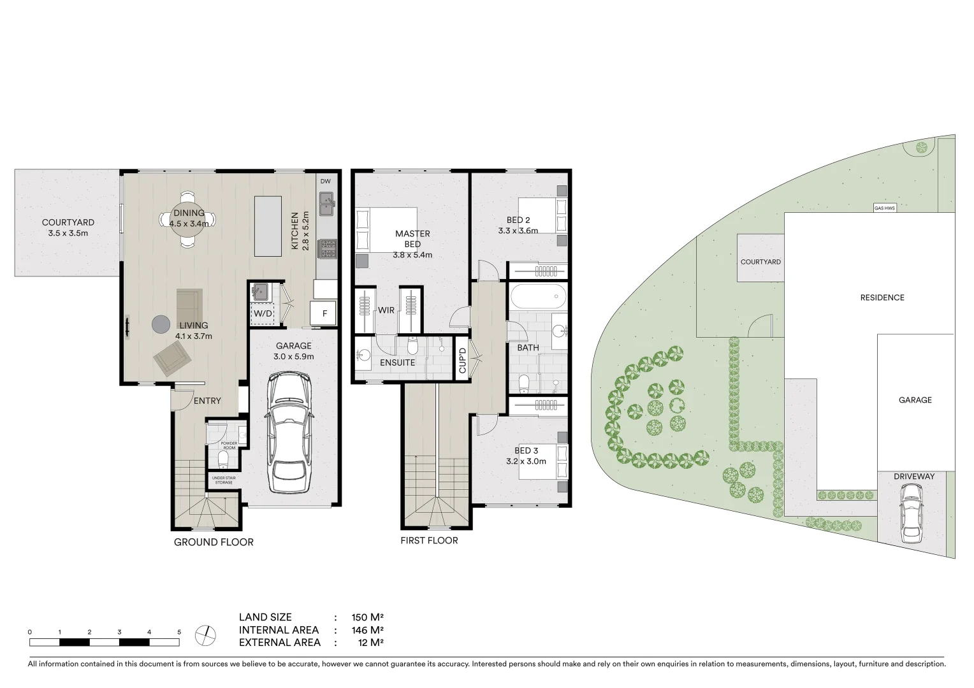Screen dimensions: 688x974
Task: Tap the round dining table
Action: coord(187,219)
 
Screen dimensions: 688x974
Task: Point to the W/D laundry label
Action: coord(263,313)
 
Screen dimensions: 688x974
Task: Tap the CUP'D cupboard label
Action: coord(463,361)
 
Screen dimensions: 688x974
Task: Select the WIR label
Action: coord(386,310)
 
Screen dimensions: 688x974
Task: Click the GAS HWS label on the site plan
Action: coord(884,208)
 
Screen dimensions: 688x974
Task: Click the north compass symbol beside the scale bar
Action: coord(206,634)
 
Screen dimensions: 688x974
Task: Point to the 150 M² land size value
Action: coord(367,617)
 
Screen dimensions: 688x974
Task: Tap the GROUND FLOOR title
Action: coord(214,542)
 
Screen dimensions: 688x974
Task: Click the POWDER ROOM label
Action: coord(229,445)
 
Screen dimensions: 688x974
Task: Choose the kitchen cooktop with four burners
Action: coord(328,248)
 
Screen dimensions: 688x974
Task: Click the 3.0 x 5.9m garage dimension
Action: coord(293,357)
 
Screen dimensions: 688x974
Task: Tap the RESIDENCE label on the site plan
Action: coord(882,297)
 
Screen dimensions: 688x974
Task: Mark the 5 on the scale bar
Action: coord(179,632)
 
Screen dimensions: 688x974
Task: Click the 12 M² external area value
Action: coord(371,643)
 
